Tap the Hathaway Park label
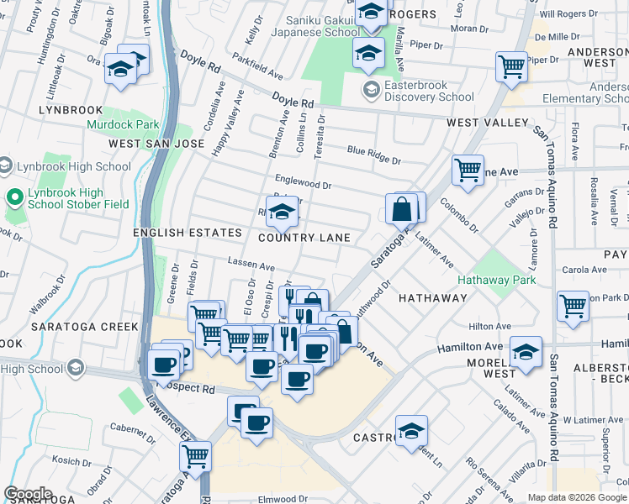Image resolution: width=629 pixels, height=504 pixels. tap(495, 279)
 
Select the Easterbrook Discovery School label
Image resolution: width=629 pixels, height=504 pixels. tap(429, 90)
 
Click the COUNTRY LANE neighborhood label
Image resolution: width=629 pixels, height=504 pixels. tap(304, 238)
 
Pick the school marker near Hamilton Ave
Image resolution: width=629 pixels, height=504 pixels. tap(526, 351)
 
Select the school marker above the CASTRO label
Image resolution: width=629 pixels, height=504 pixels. tap(410, 431)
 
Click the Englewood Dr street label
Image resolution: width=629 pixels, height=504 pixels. tap(303, 181)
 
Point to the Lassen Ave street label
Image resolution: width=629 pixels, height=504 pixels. tap(251, 265)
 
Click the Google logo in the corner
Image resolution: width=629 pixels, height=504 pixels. tap(28, 494)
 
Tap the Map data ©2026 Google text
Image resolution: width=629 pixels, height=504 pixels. tap(577, 497)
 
